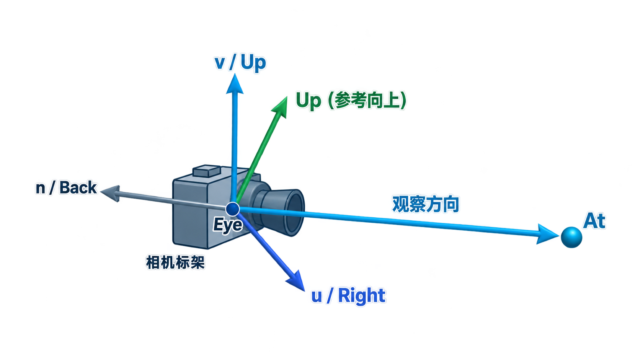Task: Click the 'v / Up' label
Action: tap(240, 62)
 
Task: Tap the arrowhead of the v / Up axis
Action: tap(235, 84)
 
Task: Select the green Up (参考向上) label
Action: tap(351, 101)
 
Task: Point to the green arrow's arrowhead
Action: tap(280, 107)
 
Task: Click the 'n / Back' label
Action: tap(66, 187)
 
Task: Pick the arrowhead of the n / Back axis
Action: tap(110, 193)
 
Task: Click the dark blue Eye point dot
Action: tap(233, 209)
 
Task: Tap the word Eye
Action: tap(228, 225)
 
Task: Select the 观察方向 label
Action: tap(426, 204)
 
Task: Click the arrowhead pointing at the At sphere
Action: tap(547, 234)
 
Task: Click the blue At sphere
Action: tap(571, 237)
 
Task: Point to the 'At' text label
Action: tap(594, 221)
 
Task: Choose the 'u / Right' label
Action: tap(348, 296)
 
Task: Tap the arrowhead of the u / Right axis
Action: tap(296, 281)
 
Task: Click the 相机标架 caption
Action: tap(175, 262)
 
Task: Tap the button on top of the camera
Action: tap(207, 171)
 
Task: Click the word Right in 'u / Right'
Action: tap(362, 296)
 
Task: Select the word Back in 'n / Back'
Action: tap(78, 187)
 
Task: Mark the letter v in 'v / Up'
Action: tap(220, 64)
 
